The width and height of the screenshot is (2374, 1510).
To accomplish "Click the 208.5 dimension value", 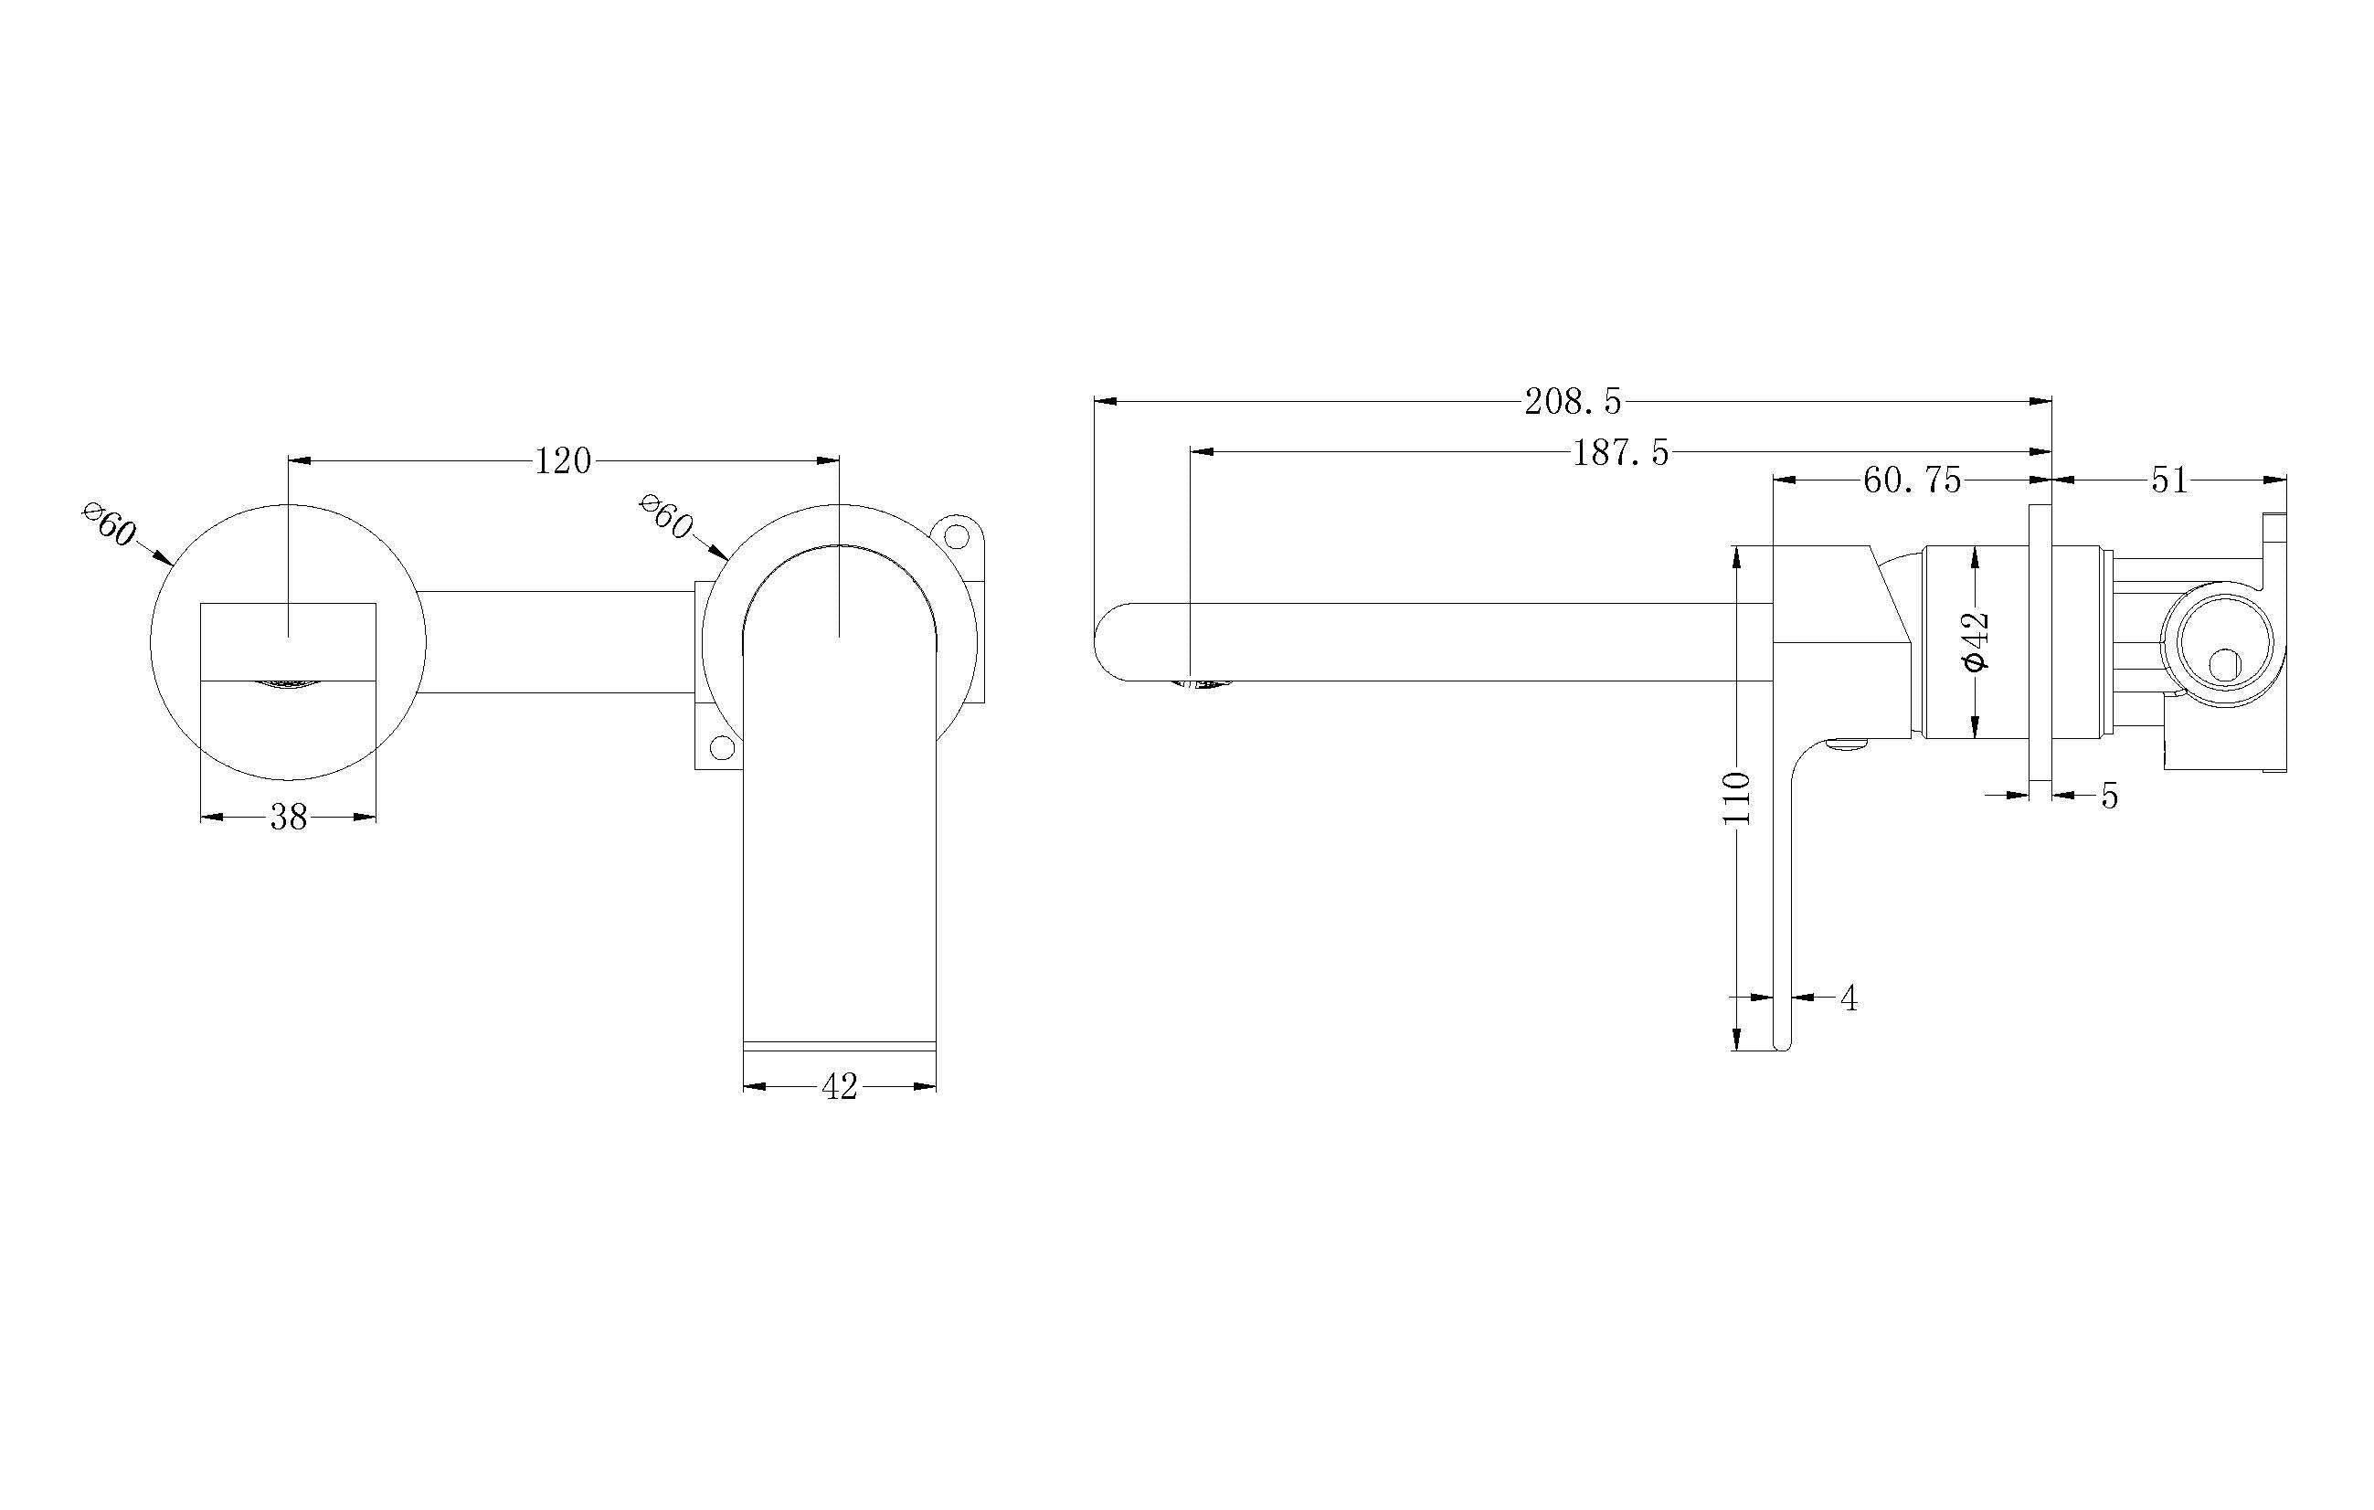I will [x=1573, y=401].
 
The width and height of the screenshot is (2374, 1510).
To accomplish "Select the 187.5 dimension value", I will [x=1621, y=452].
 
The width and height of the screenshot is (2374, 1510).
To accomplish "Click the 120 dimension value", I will [x=563, y=460].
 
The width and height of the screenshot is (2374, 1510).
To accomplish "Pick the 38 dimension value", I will [x=289, y=817].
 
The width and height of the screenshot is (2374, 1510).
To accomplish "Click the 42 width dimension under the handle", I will [x=839, y=1087].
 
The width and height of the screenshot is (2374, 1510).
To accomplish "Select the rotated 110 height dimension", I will [x=1738, y=798].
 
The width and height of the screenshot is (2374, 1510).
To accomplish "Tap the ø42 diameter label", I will [x=1976, y=641].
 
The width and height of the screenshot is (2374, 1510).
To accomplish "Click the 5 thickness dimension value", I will [x=2109, y=796].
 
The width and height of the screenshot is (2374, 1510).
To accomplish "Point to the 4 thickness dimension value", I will [x=1849, y=998].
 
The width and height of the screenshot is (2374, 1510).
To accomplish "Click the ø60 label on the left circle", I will [x=110, y=525].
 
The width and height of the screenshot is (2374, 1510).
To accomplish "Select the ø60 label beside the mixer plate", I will [x=666, y=517].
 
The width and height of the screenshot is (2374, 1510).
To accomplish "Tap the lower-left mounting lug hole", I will [x=722, y=747].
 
